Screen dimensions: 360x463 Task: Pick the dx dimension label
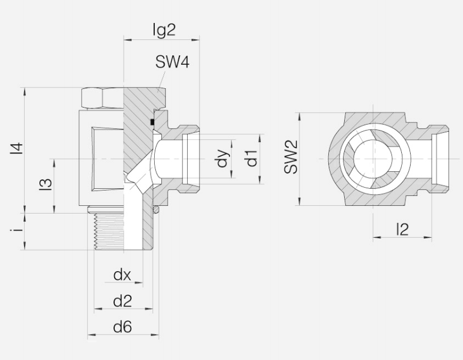(x=122, y=275)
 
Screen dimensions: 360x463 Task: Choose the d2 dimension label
(x=122, y=301)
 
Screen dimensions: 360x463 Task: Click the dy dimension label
(x=222, y=158)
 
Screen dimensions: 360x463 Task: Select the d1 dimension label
(x=252, y=158)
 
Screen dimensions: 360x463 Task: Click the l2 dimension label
(x=402, y=229)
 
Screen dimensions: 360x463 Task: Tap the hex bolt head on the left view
(x=101, y=97)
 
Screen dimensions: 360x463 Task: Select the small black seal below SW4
(x=152, y=122)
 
